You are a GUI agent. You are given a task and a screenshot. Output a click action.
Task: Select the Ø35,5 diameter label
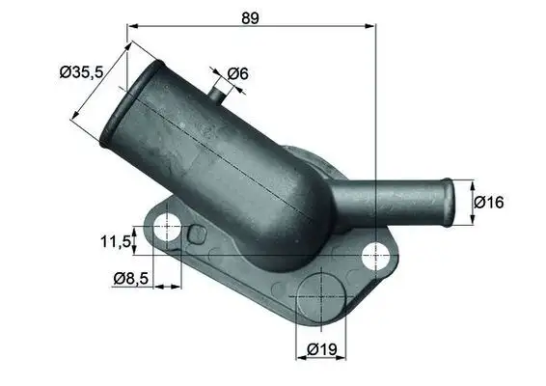point(81,71)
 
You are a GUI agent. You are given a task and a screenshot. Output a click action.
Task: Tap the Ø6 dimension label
point(238,72)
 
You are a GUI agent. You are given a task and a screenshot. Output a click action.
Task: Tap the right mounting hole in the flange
point(375,256)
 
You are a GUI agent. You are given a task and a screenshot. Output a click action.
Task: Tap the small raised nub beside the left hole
point(197,234)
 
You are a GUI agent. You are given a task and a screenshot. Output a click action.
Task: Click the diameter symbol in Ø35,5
point(65,72)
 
